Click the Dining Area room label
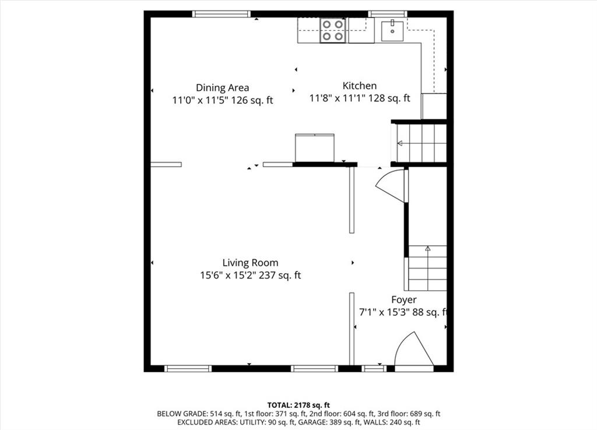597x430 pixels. (x=222, y=87)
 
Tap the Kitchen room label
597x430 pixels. (x=359, y=86)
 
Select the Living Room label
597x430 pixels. (x=250, y=263)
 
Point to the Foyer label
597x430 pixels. (x=403, y=299)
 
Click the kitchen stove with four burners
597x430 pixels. (x=333, y=30)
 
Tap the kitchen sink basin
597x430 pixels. (x=392, y=31)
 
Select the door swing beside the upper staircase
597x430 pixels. (x=390, y=185)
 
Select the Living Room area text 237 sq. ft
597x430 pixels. (x=280, y=275)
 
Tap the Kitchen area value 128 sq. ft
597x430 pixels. (x=389, y=98)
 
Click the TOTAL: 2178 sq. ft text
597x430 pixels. (x=298, y=405)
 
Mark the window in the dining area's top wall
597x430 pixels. (x=221, y=14)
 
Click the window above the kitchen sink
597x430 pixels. (x=388, y=14)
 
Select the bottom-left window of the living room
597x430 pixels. (x=188, y=368)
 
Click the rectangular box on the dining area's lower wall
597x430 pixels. (x=314, y=148)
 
